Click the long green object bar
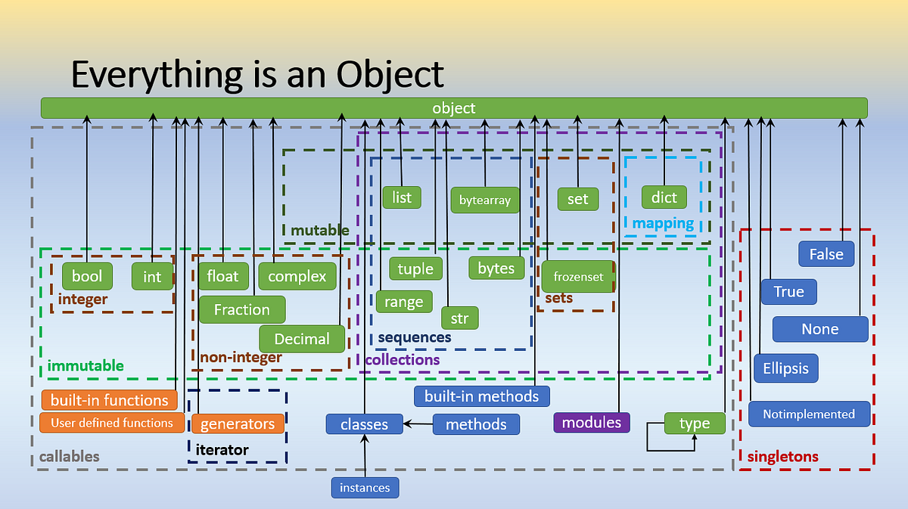coord(454,107)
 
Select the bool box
coord(87,276)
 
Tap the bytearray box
coord(485,200)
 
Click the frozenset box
coord(578,277)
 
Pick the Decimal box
coord(302,339)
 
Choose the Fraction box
coord(242,309)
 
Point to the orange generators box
coord(238,424)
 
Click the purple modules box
coord(592,422)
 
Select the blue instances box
coord(365,488)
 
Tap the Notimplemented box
coord(809,414)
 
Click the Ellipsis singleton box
coord(786,368)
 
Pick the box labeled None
coord(820,329)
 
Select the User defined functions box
coord(112,423)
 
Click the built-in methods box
coord(481,396)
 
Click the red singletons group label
coord(782,457)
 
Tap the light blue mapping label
coord(663,223)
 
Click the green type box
coord(695,424)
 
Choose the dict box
coord(664,197)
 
